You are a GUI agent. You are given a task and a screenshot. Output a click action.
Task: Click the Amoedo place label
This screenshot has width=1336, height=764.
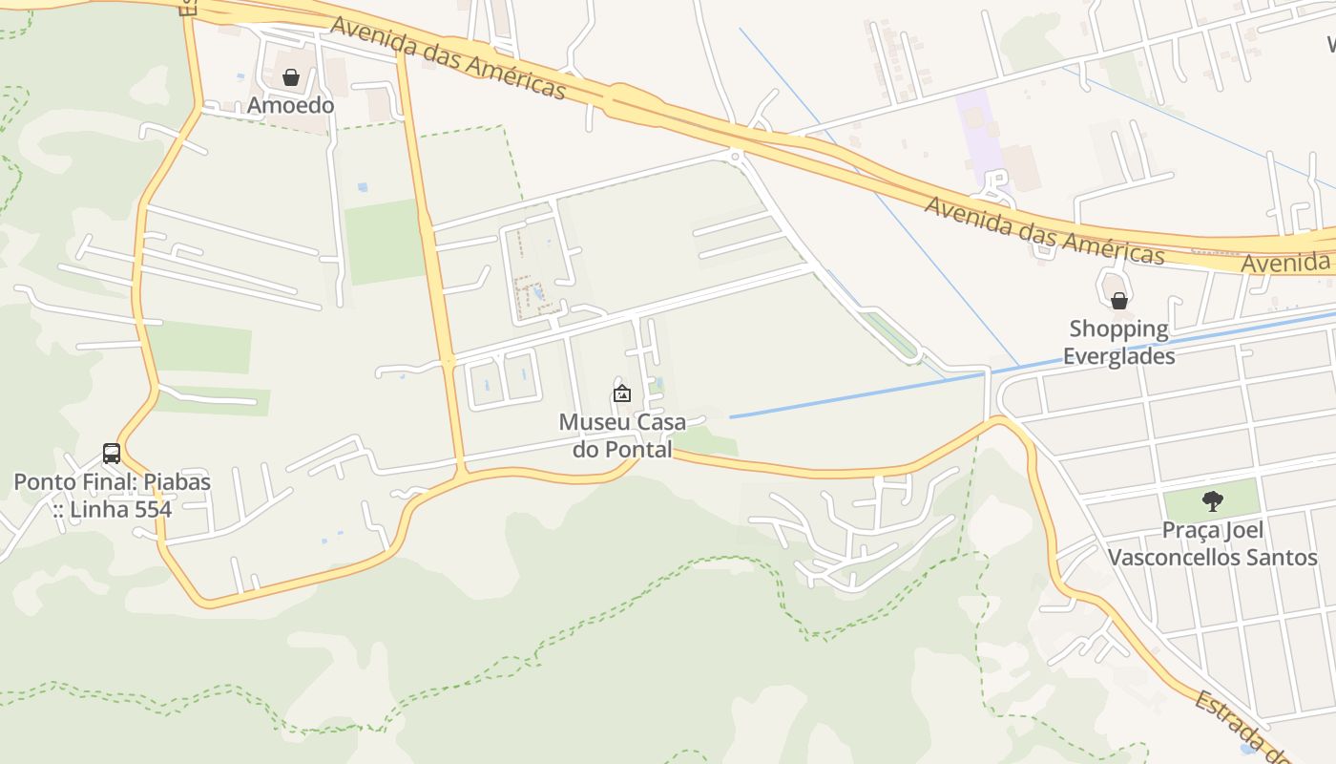coord(291,105)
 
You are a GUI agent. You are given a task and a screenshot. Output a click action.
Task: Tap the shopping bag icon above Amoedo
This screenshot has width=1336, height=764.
coord(291,77)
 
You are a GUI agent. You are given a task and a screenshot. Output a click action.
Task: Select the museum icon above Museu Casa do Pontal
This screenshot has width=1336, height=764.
coord(622,393)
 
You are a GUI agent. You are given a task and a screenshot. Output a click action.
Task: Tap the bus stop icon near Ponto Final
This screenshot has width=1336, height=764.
coord(112,454)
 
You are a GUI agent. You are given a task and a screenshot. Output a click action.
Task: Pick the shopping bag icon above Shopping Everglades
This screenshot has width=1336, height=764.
coord(1119,301)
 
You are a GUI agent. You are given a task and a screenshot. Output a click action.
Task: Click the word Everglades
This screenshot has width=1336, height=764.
coord(1118,356)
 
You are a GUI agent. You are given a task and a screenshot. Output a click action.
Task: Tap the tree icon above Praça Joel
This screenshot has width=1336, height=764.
coord(1213,500)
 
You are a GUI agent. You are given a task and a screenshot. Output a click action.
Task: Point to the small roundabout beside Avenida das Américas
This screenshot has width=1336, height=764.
coord(735,156)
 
